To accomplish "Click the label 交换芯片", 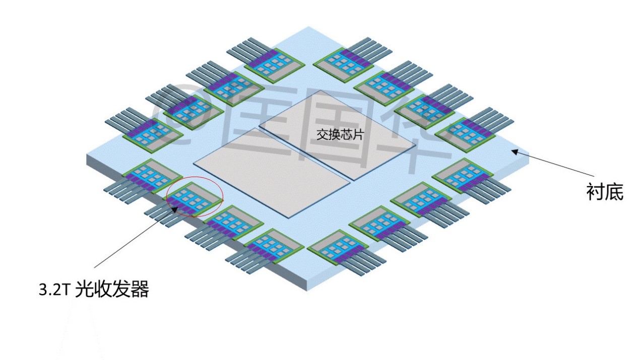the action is [340, 134].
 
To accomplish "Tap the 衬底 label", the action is [605, 192].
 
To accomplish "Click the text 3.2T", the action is [54, 290].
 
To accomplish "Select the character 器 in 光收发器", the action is [140, 289].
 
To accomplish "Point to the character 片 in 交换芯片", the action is [358, 134].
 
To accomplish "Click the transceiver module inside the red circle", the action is [194, 199].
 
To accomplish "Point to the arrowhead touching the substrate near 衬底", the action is [515, 151].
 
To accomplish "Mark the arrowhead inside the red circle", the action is [174, 210].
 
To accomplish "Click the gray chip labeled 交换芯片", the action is [337, 135].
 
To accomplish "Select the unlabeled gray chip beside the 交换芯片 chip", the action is [272, 172].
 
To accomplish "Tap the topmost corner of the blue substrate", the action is [308, 27].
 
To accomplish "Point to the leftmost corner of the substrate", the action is [87, 155].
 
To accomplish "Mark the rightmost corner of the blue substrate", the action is [529, 154].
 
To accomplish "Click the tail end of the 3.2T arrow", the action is [94, 268].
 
